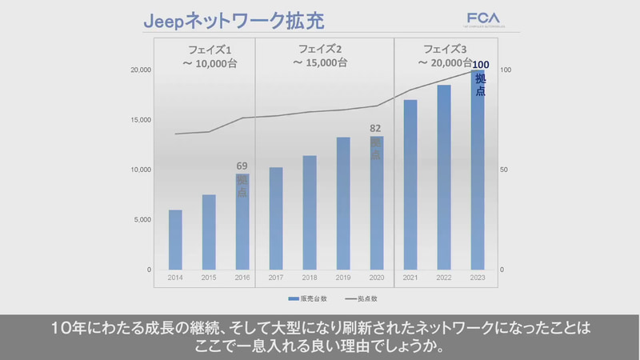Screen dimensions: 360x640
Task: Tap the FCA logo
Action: point(485,18)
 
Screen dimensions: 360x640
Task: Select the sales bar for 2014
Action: point(175,240)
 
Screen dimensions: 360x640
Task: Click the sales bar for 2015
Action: point(209,232)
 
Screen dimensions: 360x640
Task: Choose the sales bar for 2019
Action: point(343,203)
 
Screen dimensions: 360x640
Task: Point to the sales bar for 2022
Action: point(444,177)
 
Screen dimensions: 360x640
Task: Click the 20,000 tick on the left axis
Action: point(142,70)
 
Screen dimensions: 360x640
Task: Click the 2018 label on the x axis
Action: point(310,278)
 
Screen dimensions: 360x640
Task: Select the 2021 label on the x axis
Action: point(410,278)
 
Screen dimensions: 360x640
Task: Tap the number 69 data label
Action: point(242,166)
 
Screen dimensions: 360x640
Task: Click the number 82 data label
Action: point(376,127)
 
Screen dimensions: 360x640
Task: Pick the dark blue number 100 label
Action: point(480,65)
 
